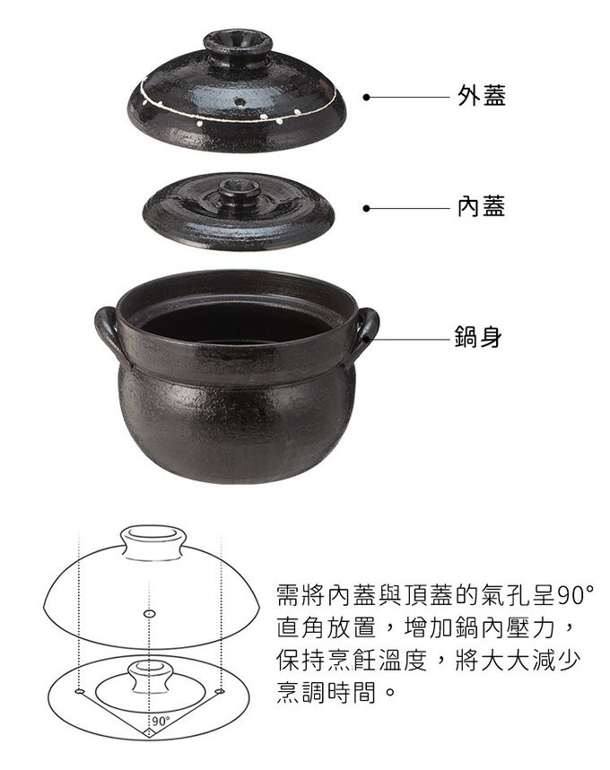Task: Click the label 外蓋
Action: (x=481, y=96)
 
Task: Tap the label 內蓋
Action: (x=481, y=206)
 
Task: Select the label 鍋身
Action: (x=478, y=337)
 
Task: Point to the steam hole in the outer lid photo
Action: (x=240, y=102)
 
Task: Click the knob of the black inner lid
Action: (x=240, y=190)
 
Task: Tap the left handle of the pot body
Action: (x=109, y=333)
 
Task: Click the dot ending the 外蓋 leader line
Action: (x=366, y=97)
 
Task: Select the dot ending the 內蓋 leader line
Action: (x=366, y=209)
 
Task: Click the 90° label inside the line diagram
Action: (x=161, y=721)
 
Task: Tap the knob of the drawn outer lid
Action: (x=154, y=542)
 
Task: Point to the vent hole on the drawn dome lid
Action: (x=150, y=614)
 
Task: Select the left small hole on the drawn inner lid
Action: (x=79, y=691)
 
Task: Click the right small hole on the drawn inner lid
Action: (x=220, y=691)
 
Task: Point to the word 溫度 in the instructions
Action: (x=403, y=660)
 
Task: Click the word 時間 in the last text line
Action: (x=352, y=692)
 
